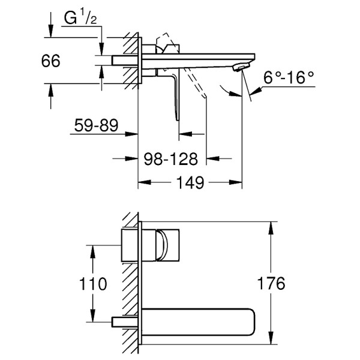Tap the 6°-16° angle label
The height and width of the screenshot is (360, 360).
(290, 77)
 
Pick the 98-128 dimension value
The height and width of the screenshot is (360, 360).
(172, 159)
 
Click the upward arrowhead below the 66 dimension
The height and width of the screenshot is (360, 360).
(51, 88)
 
